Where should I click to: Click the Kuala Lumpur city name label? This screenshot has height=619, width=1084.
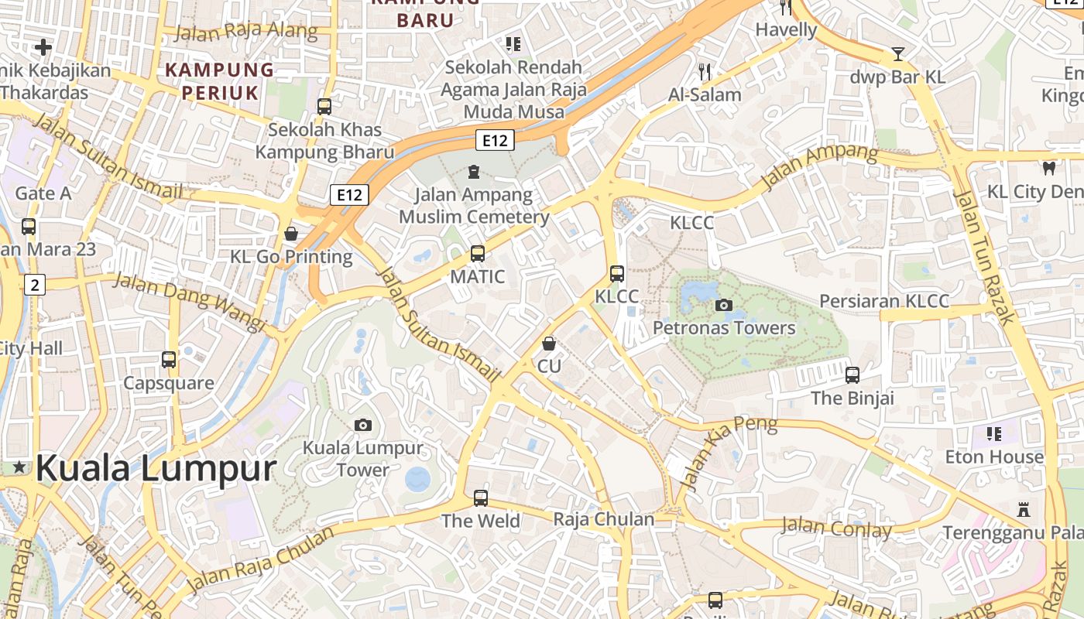pyautogui.click(x=155, y=469)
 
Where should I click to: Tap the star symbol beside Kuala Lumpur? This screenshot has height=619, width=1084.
pyautogui.click(x=19, y=467)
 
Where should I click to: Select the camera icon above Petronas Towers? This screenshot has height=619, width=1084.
pyautogui.click(x=724, y=305)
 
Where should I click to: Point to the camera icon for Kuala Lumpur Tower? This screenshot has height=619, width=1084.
pyautogui.click(x=362, y=425)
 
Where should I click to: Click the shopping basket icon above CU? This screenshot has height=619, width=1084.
pyautogui.click(x=549, y=343)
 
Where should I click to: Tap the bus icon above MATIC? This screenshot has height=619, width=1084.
pyautogui.click(x=478, y=253)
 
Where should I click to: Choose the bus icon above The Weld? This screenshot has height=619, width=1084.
pyautogui.click(x=481, y=498)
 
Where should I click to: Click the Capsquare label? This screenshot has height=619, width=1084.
pyautogui.click(x=169, y=383)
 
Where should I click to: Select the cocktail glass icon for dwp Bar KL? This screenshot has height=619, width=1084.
pyautogui.click(x=897, y=53)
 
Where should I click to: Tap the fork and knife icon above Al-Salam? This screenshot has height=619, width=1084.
pyautogui.click(x=705, y=72)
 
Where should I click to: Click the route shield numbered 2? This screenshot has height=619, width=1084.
pyautogui.click(x=34, y=284)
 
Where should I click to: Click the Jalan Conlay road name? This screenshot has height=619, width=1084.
pyautogui.click(x=836, y=528)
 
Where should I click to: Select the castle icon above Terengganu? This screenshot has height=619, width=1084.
pyautogui.click(x=1024, y=509)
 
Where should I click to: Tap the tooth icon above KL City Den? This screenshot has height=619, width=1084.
pyautogui.click(x=1049, y=168)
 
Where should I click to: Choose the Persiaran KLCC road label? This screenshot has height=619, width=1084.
pyautogui.click(x=883, y=301)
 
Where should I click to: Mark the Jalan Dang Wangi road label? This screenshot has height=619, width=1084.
pyautogui.click(x=190, y=302)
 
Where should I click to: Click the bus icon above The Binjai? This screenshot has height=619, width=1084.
pyautogui.click(x=852, y=374)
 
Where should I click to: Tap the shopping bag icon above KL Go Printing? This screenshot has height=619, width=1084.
pyautogui.click(x=291, y=233)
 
